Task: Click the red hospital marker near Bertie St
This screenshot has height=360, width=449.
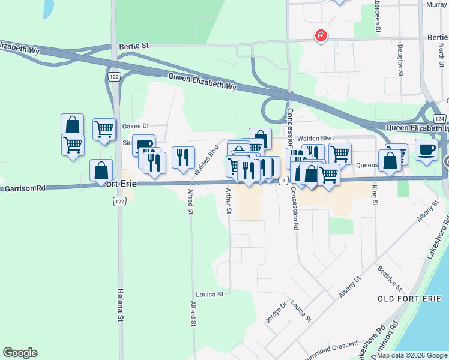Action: coord(322,37)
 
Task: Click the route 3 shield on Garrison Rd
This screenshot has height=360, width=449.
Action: coord(283,180)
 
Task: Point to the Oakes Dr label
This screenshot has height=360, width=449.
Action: coord(135,126)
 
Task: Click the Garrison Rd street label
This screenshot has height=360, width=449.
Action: coord(25,188)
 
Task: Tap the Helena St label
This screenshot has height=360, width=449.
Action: coord(120,305)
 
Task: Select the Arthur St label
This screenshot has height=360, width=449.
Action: coord(229,201)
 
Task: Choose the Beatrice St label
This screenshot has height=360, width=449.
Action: coord(386,275)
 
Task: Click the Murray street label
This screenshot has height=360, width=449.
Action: coord(436,4)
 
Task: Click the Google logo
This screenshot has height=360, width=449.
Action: coord(20,353)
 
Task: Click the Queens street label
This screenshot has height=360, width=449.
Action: coord(366,165)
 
